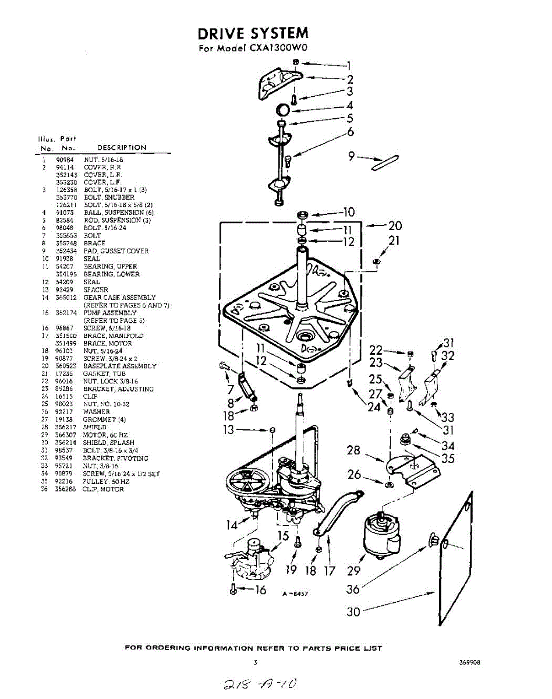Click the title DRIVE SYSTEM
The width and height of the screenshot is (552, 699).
253,33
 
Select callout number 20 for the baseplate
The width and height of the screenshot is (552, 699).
395,226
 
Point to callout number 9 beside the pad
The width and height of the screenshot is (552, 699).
351,156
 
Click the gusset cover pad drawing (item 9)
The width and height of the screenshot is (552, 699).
384,161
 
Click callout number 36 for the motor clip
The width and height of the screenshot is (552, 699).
353,589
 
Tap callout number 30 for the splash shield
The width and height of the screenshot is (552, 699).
353,611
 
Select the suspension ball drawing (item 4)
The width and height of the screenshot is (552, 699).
282,109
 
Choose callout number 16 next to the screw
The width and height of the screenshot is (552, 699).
260,589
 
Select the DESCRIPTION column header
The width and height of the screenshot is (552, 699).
122,148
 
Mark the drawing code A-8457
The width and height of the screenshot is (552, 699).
295,594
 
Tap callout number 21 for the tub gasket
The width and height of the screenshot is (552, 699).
394,241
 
